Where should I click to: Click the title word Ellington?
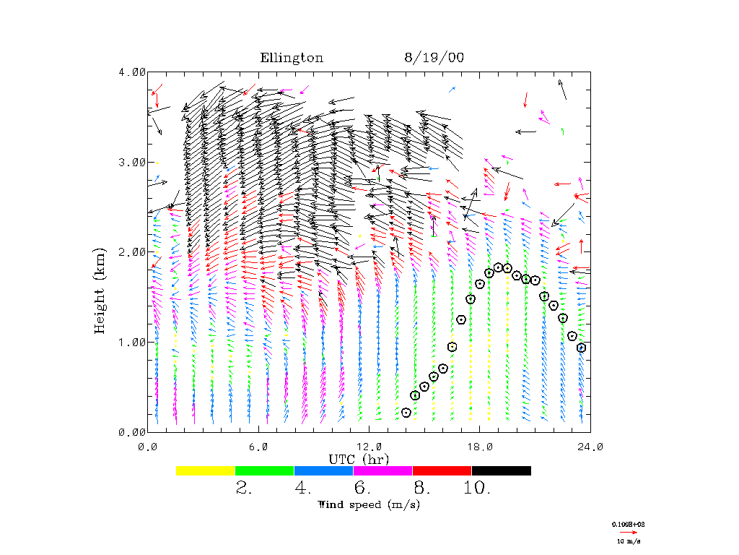coord(292,59)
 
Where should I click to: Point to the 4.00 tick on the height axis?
coord(132,72)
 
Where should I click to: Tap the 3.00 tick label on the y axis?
coord(132,162)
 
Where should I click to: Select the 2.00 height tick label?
coord(132,251)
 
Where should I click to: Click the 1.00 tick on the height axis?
coord(132,342)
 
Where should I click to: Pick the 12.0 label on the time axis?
coord(369,447)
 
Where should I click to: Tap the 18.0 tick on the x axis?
coord(479,447)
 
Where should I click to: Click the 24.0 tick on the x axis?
coord(590,447)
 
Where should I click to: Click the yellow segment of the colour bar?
coord(205,470)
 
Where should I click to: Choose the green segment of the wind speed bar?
coord(264,470)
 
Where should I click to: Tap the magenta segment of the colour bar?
coord(382,470)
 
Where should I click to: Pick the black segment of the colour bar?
coord(501,470)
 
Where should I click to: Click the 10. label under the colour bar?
coord(477,489)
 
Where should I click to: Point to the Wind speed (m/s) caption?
coord(369,504)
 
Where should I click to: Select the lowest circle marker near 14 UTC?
coord(406,413)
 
